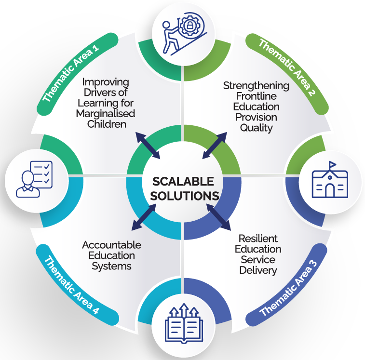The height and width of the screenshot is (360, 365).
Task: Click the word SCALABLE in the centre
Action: [x=183, y=182]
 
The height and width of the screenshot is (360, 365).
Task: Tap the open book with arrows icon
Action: [x=183, y=322]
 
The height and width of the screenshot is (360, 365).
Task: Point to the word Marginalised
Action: [x=105, y=114]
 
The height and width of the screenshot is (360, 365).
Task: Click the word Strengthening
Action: [x=256, y=86]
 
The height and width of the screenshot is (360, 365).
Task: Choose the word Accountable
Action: [x=111, y=245]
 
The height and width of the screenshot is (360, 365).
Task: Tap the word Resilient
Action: [x=258, y=239]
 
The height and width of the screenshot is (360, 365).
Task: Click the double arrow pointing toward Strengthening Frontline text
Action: [x=215, y=145]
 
